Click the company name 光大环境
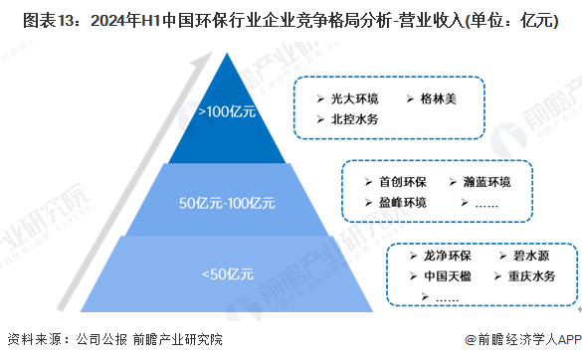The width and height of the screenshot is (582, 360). click(355, 98)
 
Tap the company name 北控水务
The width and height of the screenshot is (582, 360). click(355, 119)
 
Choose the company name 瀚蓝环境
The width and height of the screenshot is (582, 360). click(486, 182)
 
